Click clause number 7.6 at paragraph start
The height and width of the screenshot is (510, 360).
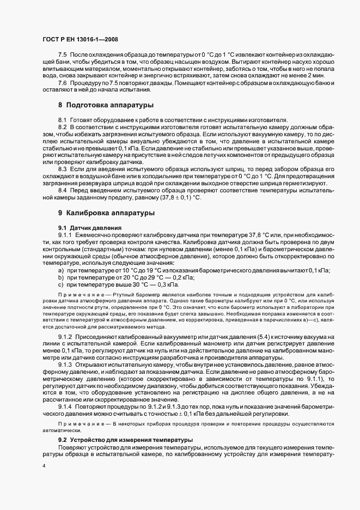[x=63, y=83]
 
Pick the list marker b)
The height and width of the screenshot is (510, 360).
[x=61, y=277]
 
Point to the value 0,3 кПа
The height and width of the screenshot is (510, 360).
[x=167, y=284]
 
